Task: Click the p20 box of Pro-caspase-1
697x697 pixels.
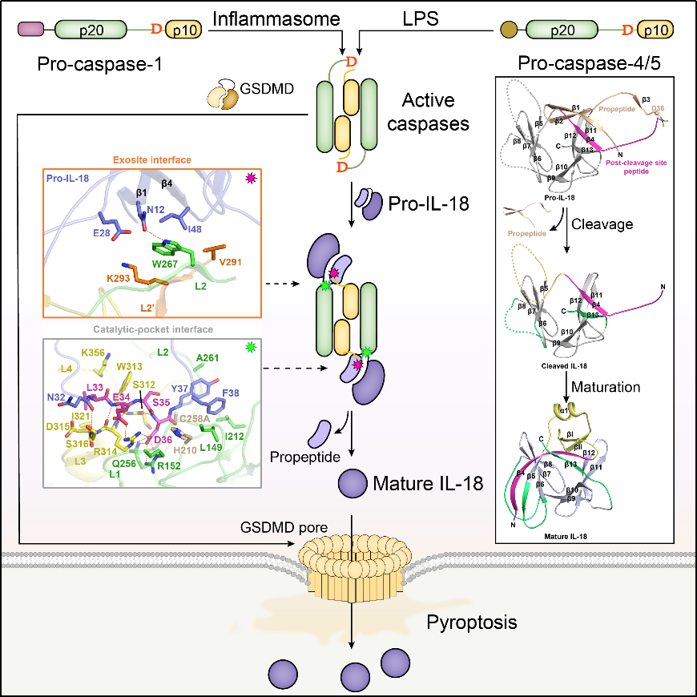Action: click(x=90, y=30)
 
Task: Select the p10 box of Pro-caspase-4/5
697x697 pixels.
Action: click(x=655, y=30)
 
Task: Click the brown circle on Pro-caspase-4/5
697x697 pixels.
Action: click(x=508, y=30)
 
